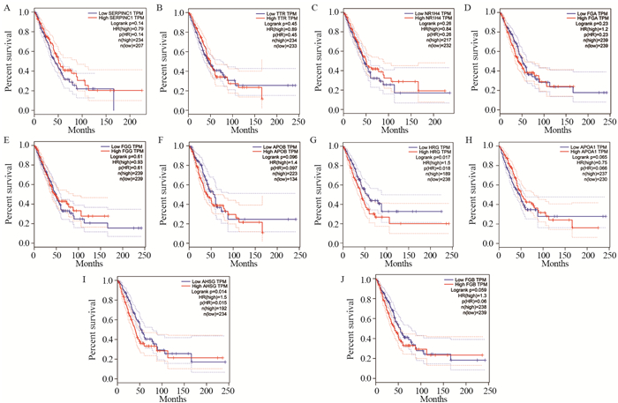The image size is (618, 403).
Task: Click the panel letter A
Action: (x=5, y=11)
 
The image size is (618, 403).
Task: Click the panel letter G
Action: (x=314, y=138)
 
